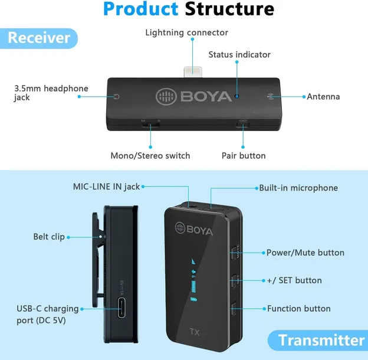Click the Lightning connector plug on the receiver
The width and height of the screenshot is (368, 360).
tap(193, 73)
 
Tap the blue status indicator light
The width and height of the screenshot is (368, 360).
tap(237, 96)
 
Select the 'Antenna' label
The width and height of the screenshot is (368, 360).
tap(323, 97)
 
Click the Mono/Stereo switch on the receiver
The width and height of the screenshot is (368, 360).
tap(150, 125)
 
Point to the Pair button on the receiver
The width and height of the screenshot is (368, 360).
tap(243, 125)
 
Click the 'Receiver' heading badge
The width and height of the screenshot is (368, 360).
tap(39, 38)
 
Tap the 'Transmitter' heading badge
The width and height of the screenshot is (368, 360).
tap(318, 341)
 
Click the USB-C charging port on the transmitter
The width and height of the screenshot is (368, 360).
tap(121, 307)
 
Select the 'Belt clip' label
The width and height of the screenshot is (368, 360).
tap(49, 237)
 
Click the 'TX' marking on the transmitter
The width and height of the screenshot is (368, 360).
tap(195, 332)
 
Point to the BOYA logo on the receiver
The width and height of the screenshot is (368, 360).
tap(194, 97)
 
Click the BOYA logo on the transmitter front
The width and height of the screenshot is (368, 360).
tap(194, 229)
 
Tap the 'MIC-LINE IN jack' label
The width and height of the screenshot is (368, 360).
tap(106, 186)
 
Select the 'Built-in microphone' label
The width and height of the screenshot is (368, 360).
tap(298, 188)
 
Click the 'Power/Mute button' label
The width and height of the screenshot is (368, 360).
tap(305, 253)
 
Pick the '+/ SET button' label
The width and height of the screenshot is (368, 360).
tap(294, 280)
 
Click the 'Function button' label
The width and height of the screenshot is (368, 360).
tap(299, 309)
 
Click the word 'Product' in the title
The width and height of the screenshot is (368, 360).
tap(141, 9)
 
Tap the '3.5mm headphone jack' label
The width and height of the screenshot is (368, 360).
tap(51, 93)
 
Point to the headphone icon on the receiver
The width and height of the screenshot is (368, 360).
tap(116, 97)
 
